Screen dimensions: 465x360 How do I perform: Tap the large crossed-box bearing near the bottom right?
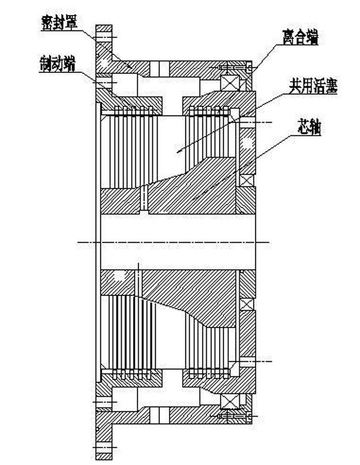(229, 401)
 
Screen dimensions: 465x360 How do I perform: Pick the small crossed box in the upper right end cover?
(246, 180)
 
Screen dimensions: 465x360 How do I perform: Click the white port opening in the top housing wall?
(159, 69)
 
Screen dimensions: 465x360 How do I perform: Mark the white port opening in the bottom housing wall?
(159, 415)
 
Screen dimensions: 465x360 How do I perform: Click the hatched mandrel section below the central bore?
(192, 293)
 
